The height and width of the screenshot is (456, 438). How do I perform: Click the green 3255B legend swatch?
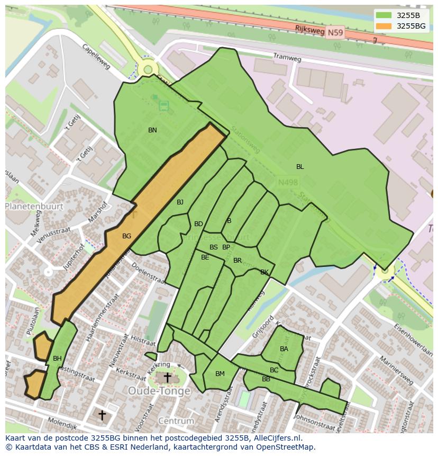click(x=384, y=15)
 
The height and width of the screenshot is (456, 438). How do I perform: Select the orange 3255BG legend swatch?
click(x=384, y=26)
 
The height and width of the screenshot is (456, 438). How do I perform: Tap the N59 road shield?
click(x=335, y=33)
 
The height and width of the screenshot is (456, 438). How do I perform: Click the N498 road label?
click(x=288, y=182)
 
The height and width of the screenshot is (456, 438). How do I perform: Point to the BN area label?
click(x=152, y=130)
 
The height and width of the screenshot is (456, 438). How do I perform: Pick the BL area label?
click(x=300, y=167)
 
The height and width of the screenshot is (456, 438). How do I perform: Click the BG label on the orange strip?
click(x=126, y=236)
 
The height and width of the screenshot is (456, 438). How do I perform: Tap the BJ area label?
click(x=180, y=202)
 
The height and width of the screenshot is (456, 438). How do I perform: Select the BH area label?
click(x=57, y=359)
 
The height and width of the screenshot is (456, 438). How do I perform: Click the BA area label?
click(x=284, y=349)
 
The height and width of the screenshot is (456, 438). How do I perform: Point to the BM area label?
click(x=220, y=374)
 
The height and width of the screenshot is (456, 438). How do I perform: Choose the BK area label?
click(x=264, y=272)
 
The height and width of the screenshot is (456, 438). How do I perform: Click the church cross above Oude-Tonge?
click(x=167, y=378)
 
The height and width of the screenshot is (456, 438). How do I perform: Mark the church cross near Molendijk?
click(x=102, y=415)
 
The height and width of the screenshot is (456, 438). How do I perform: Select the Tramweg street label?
click(x=287, y=57)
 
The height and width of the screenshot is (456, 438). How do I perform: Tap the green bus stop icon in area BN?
click(x=163, y=105)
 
